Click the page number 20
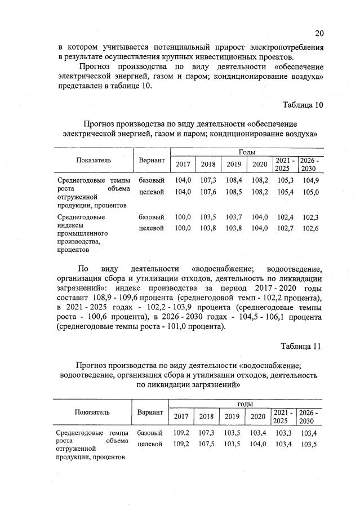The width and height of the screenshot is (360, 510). [319, 33]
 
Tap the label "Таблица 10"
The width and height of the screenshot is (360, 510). [303, 105]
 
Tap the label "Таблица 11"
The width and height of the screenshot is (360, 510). [303, 347]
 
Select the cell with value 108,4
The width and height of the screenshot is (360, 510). [233, 180]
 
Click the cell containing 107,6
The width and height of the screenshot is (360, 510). [208, 192]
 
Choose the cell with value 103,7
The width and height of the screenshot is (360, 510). [233, 217]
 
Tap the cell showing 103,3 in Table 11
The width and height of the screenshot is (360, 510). [284, 433]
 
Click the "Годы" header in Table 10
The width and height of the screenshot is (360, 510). [246, 152]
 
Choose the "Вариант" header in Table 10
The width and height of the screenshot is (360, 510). [152, 160]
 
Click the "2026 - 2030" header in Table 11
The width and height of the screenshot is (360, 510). [308, 416]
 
